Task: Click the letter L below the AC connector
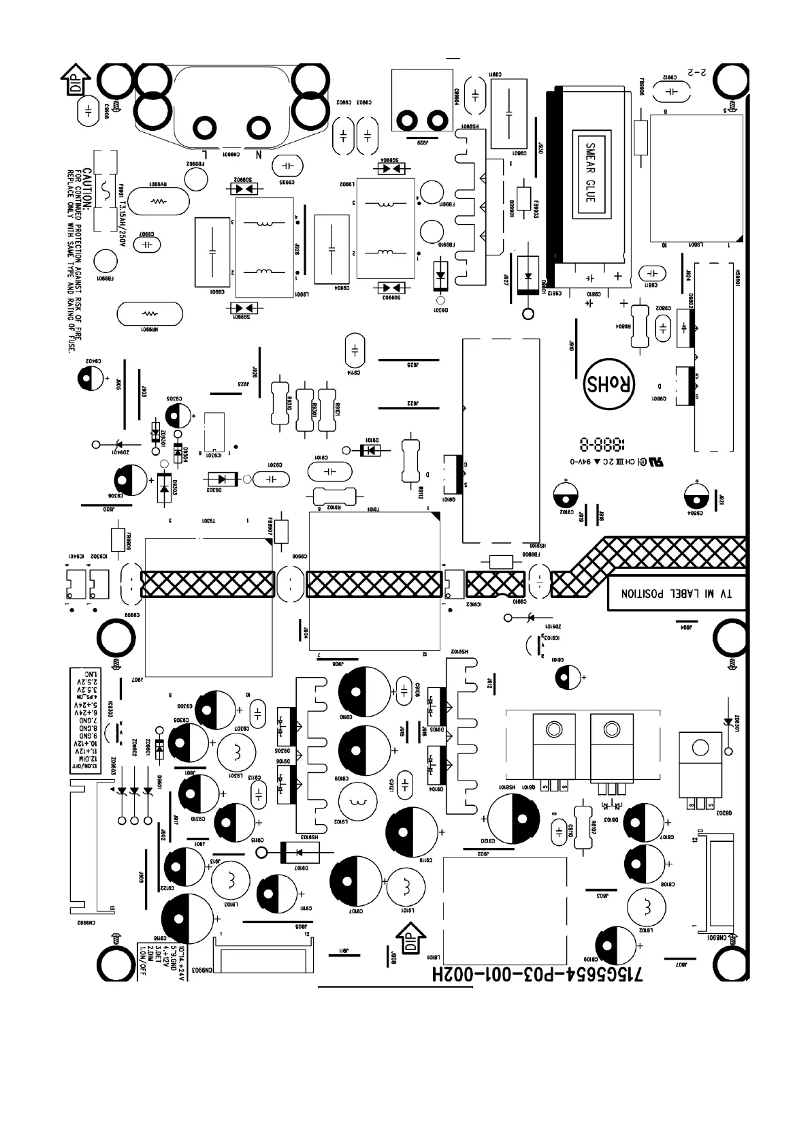pyautogui.click(x=205, y=155)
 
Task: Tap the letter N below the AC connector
pyautogui.click(x=259, y=155)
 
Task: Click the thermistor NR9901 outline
pyautogui.click(x=150, y=314)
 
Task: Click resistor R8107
pyautogui.click(x=583, y=826)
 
